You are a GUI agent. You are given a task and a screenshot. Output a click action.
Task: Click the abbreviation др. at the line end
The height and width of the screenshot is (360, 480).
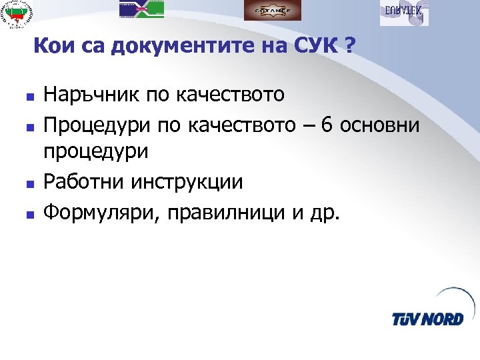[325, 213]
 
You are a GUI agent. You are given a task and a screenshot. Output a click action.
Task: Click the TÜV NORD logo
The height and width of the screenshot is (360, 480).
[427, 313]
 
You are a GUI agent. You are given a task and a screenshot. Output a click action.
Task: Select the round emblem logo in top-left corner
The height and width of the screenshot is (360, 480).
[19, 14]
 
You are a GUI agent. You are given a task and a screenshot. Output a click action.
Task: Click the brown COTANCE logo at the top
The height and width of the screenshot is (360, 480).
[272, 10]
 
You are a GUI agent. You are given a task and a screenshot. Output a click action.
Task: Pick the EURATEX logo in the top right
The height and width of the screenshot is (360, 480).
[404, 12]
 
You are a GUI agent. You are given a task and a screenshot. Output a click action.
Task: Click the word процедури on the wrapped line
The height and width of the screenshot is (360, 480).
[96, 153]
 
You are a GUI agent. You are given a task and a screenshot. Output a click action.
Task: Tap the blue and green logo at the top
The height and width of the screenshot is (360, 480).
[142, 8]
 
